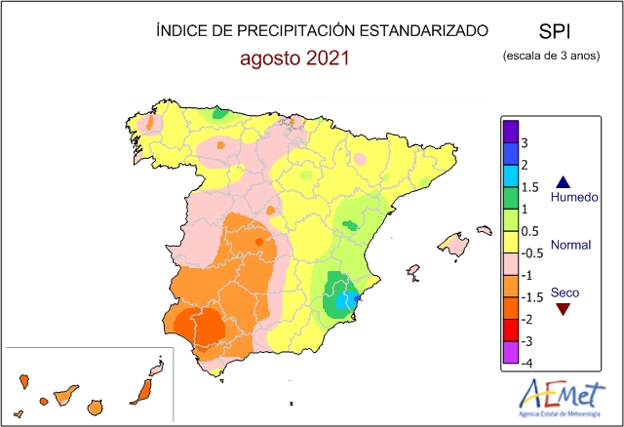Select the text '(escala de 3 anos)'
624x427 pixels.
pyautogui.click(x=552, y=57)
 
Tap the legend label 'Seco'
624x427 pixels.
pyautogui.click(x=564, y=291)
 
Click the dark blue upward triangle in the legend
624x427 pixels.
pyautogui.click(x=563, y=181)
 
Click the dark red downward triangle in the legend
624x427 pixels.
pyautogui.click(x=563, y=310)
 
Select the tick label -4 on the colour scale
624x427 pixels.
pyautogui.click(x=526, y=363)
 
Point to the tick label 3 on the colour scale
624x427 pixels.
pyautogui.click(x=525, y=143)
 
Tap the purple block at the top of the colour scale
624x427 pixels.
pyautogui.click(x=510, y=131)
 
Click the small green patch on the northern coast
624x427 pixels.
pyautogui.click(x=219, y=115)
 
